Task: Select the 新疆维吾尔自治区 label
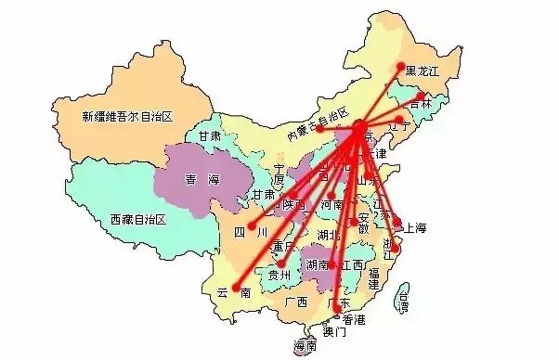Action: pos(127,116)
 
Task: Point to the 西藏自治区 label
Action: pos(136,220)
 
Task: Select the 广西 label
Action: pos(296,302)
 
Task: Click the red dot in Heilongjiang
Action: pos(401,66)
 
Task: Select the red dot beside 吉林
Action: pos(421,96)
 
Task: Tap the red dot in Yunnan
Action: pos(236,285)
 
